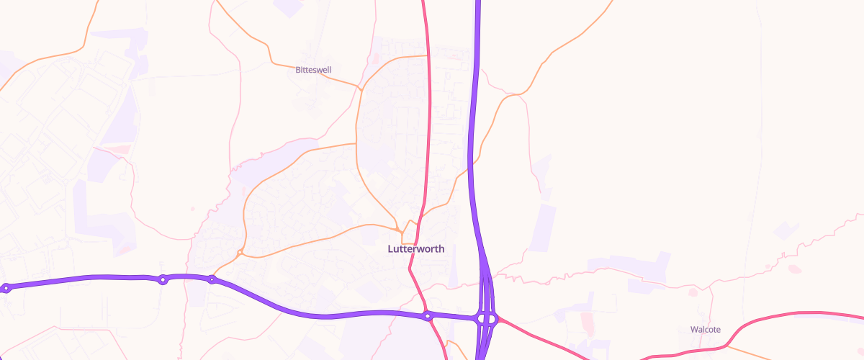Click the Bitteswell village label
tap(313, 70)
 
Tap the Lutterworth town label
tap(416, 249)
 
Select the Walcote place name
tap(705, 329)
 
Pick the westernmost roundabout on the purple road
tap(6, 288)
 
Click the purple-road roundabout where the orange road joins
tap(212, 279)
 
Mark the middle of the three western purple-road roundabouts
tap(163, 279)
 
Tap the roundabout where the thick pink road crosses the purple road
tap(427, 315)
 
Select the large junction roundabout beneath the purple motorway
tap(487, 318)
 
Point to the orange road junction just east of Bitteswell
tap(359, 89)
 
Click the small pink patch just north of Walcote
tap(693, 292)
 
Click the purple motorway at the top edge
tap(477, 4)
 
